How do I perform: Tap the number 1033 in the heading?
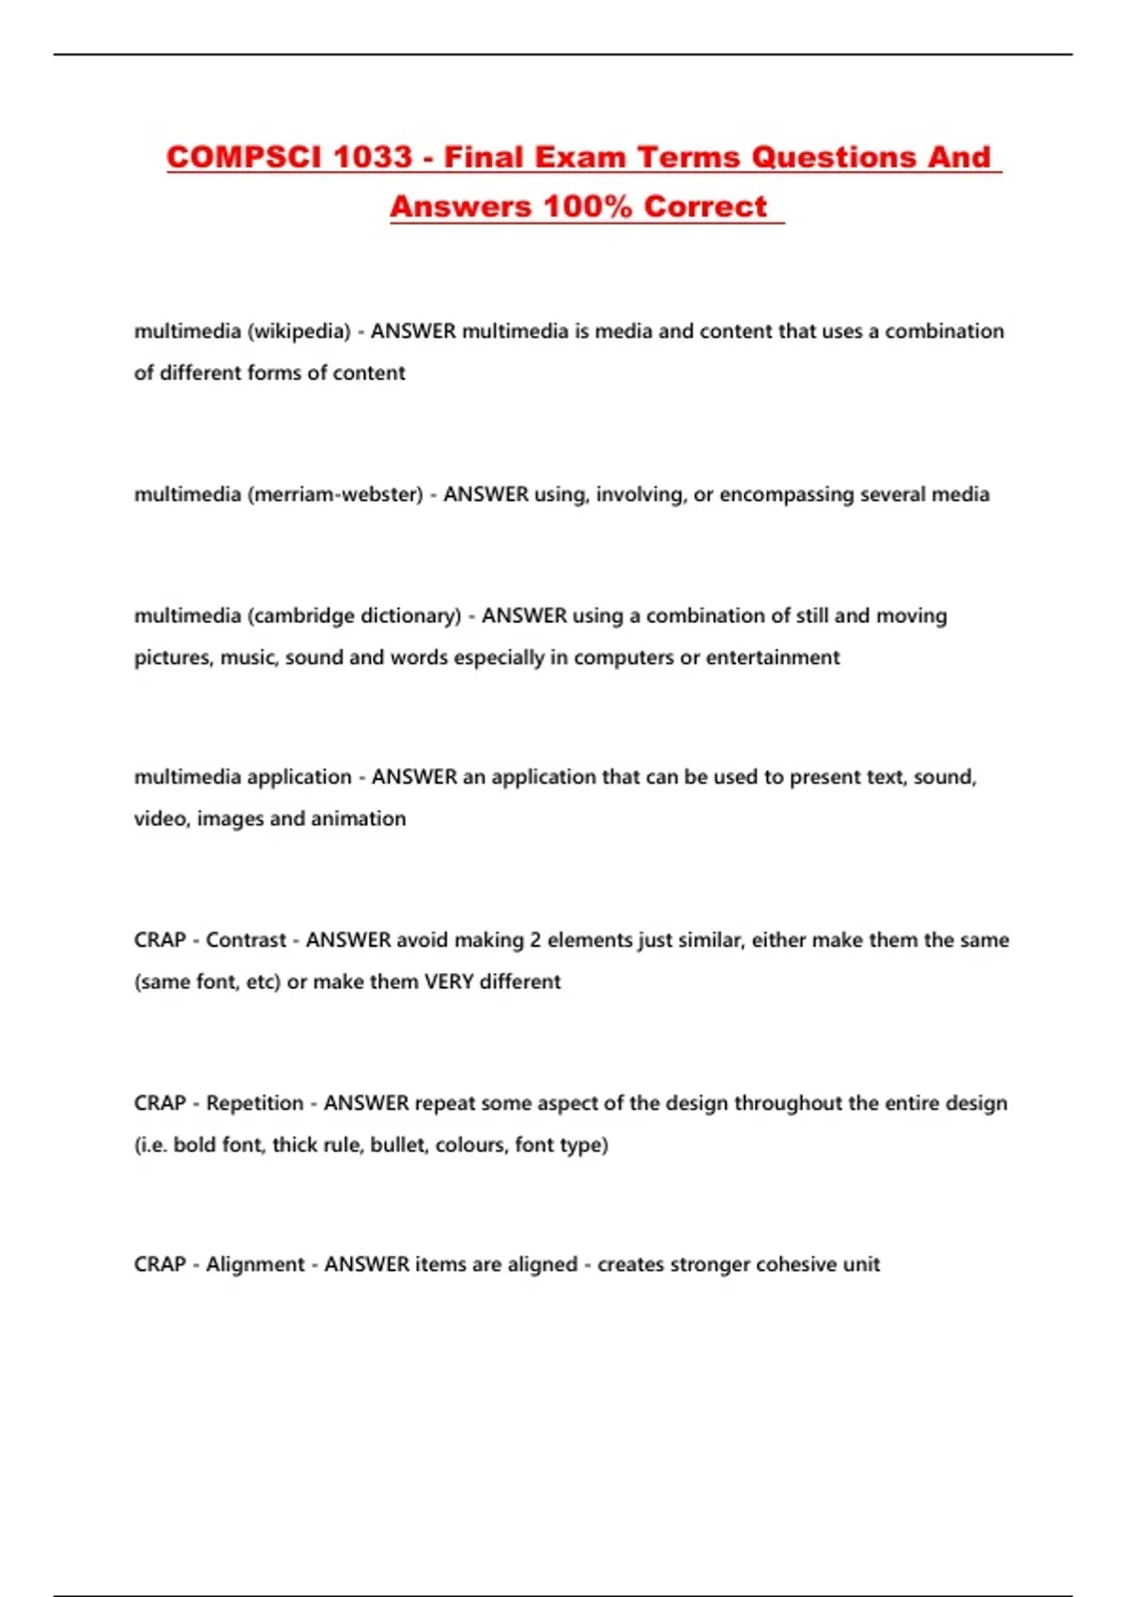coord(373,157)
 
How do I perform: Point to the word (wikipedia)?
coord(299,332)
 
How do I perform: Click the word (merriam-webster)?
coord(335,494)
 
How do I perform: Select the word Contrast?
coord(246,940)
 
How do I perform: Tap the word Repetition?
coord(255,1103)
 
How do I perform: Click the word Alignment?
coord(255,1264)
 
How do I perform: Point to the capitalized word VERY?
coord(449,982)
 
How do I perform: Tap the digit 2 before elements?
coord(535,940)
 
